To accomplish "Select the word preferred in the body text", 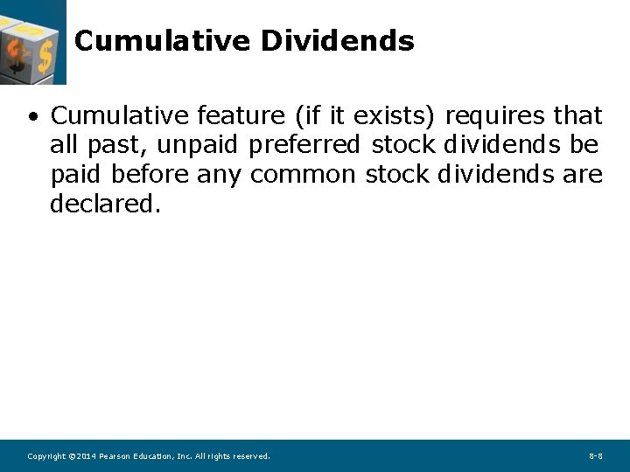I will (304, 145).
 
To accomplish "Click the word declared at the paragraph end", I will (105, 205).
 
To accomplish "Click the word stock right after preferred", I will (402, 145).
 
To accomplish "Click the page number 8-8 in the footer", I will (595, 456).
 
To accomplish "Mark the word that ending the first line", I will (577, 115).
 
